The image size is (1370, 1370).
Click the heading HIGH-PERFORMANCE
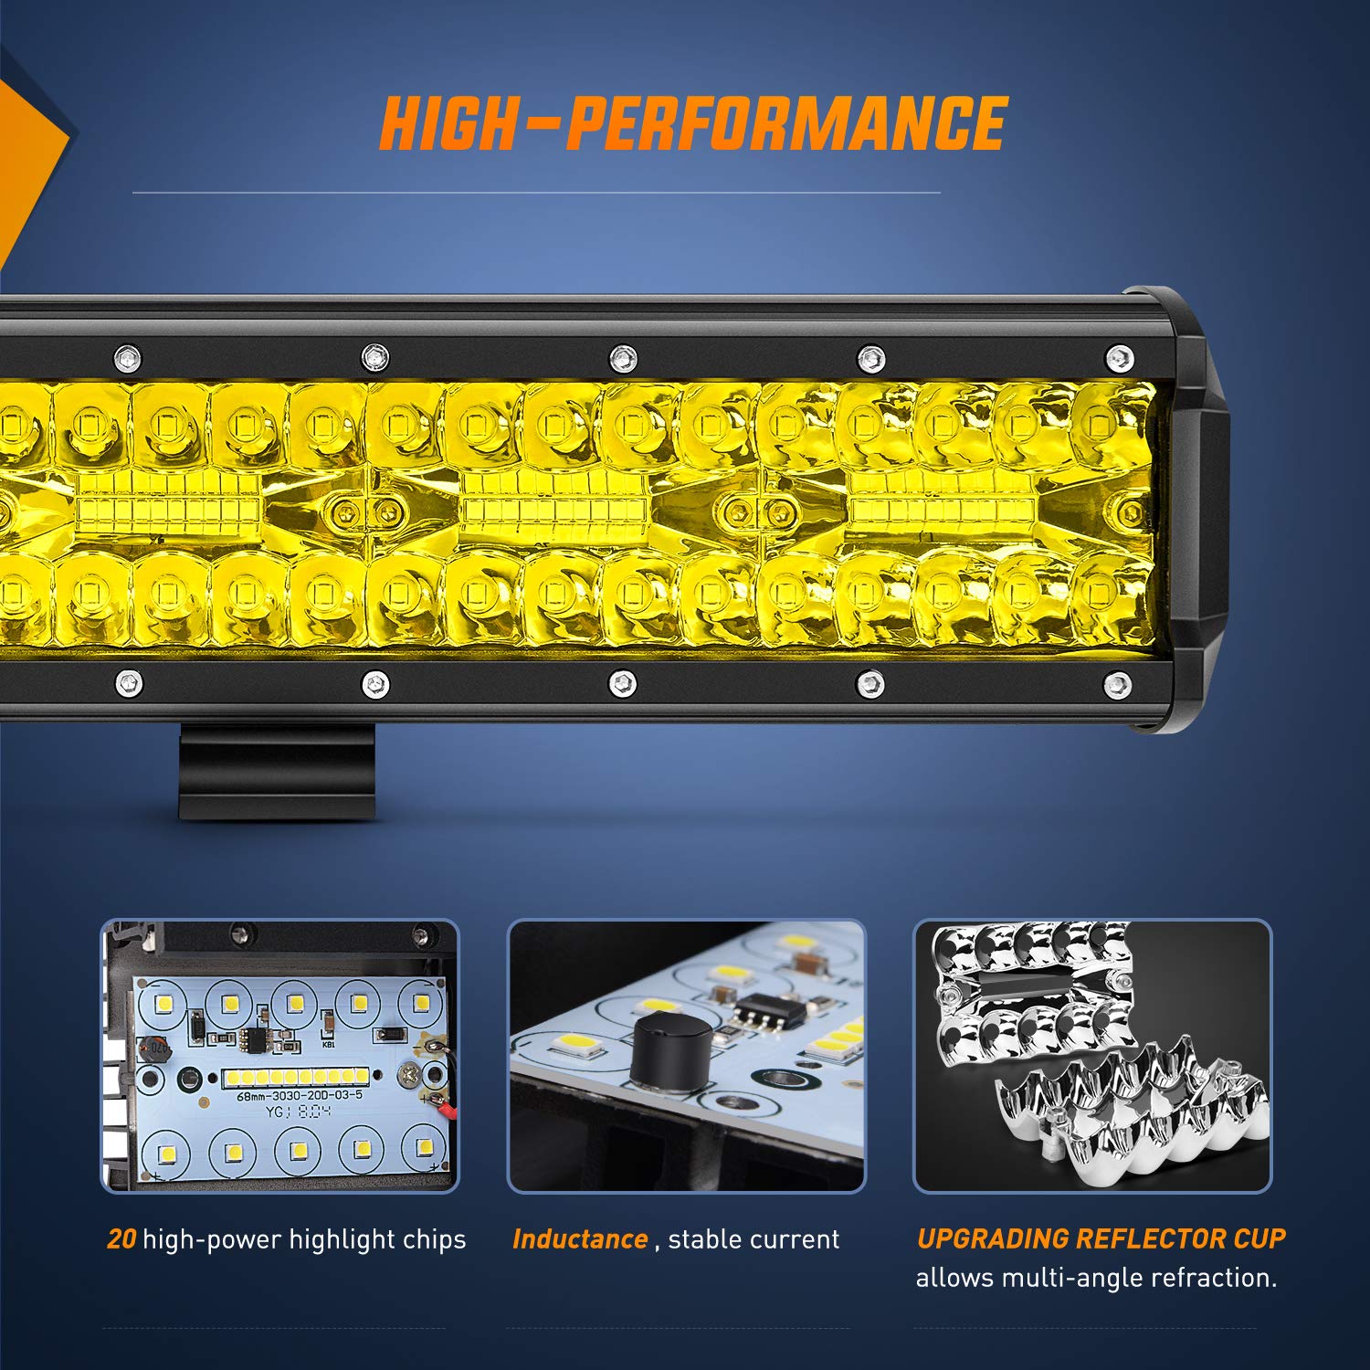pyautogui.click(x=692, y=123)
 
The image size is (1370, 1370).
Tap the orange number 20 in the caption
pyautogui.click(x=121, y=1239)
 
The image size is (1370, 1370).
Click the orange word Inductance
pyautogui.click(x=580, y=1239)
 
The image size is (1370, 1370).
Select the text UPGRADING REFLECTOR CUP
pyautogui.click(x=1101, y=1238)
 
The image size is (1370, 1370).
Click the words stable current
pyautogui.click(x=753, y=1239)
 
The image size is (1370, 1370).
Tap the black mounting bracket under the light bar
pyautogui.click(x=276, y=772)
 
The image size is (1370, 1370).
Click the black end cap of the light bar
pyautogui.click(x=1192, y=511)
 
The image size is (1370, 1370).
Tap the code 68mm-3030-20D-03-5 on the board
pyautogui.click(x=300, y=1095)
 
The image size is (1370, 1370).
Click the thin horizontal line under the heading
pyautogui.click(x=536, y=193)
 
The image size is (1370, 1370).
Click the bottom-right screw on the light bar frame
pyautogui.click(x=1118, y=683)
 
